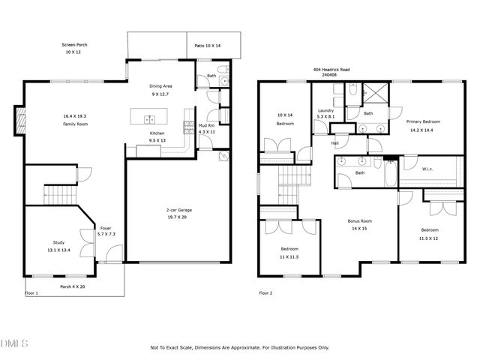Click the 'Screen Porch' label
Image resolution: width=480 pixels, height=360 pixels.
(73, 45)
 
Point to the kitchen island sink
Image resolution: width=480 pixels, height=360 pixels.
(150, 118)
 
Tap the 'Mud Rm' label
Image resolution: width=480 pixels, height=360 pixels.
(206, 125)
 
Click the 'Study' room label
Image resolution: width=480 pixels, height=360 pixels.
(58, 242)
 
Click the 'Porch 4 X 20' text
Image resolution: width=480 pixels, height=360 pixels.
(73, 286)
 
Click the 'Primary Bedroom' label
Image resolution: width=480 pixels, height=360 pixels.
(423, 121)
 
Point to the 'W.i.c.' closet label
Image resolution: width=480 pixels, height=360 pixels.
(427, 169)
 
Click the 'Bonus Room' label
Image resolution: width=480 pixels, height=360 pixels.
(360, 221)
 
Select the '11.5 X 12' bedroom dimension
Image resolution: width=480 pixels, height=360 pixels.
(429, 238)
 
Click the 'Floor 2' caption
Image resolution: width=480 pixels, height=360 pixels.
(265, 292)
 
